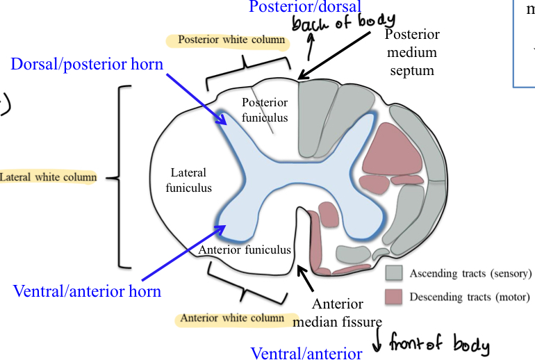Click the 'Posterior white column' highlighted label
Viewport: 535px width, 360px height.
pos(231,40)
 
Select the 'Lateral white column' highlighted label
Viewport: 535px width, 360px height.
pos(49,178)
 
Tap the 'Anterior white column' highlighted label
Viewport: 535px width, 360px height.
pos(232,319)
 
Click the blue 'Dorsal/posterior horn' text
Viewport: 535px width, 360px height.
pos(87,65)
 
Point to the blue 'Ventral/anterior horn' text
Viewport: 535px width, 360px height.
pos(88,291)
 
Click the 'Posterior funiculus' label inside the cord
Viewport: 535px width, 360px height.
pos(264,110)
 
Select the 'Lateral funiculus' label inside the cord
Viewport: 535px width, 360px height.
pos(188,180)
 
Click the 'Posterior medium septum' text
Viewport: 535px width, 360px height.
pos(412,52)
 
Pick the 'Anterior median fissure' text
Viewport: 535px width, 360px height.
pos(338,313)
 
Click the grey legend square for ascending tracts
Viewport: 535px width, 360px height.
pos(394,273)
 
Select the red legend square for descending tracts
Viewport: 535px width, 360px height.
pos(394,297)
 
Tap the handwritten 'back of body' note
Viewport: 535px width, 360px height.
pos(343,23)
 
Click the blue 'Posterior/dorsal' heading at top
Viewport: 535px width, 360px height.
pos(305,7)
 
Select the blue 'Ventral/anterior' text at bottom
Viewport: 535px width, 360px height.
pos(306,353)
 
